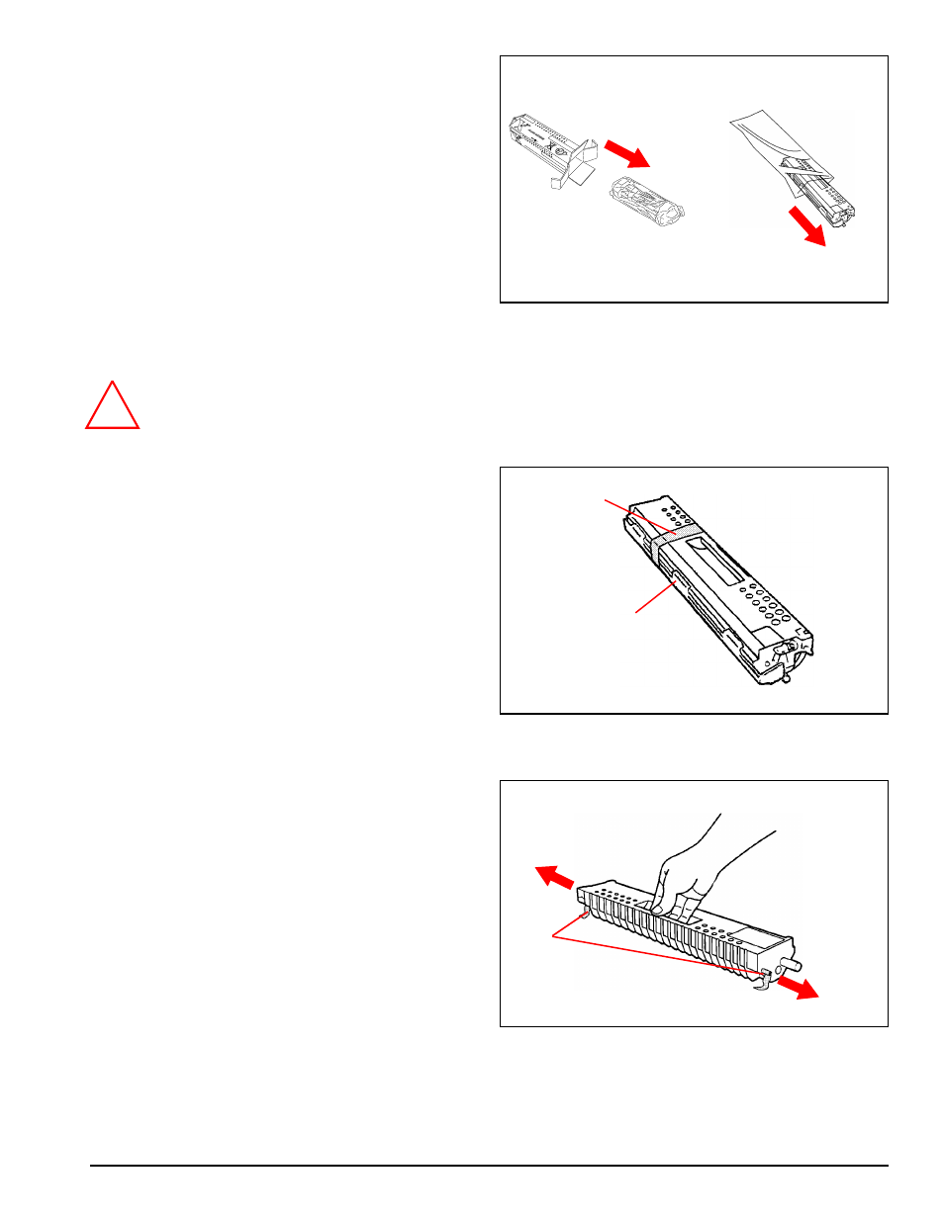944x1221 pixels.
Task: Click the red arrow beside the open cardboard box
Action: pyautogui.click(x=626, y=153)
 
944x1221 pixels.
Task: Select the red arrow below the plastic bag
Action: pyautogui.click(x=807, y=227)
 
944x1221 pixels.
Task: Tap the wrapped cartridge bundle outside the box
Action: pyautogui.click(x=644, y=199)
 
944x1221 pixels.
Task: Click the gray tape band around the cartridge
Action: pyautogui.click(x=673, y=538)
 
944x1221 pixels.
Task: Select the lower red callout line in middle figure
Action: pyautogui.click(x=653, y=599)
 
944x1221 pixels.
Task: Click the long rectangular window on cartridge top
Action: pyautogui.click(x=714, y=558)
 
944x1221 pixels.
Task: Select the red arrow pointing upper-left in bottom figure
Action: pyautogui.click(x=554, y=877)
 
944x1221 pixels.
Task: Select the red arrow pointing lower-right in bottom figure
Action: pyautogui.click(x=798, y=988)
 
